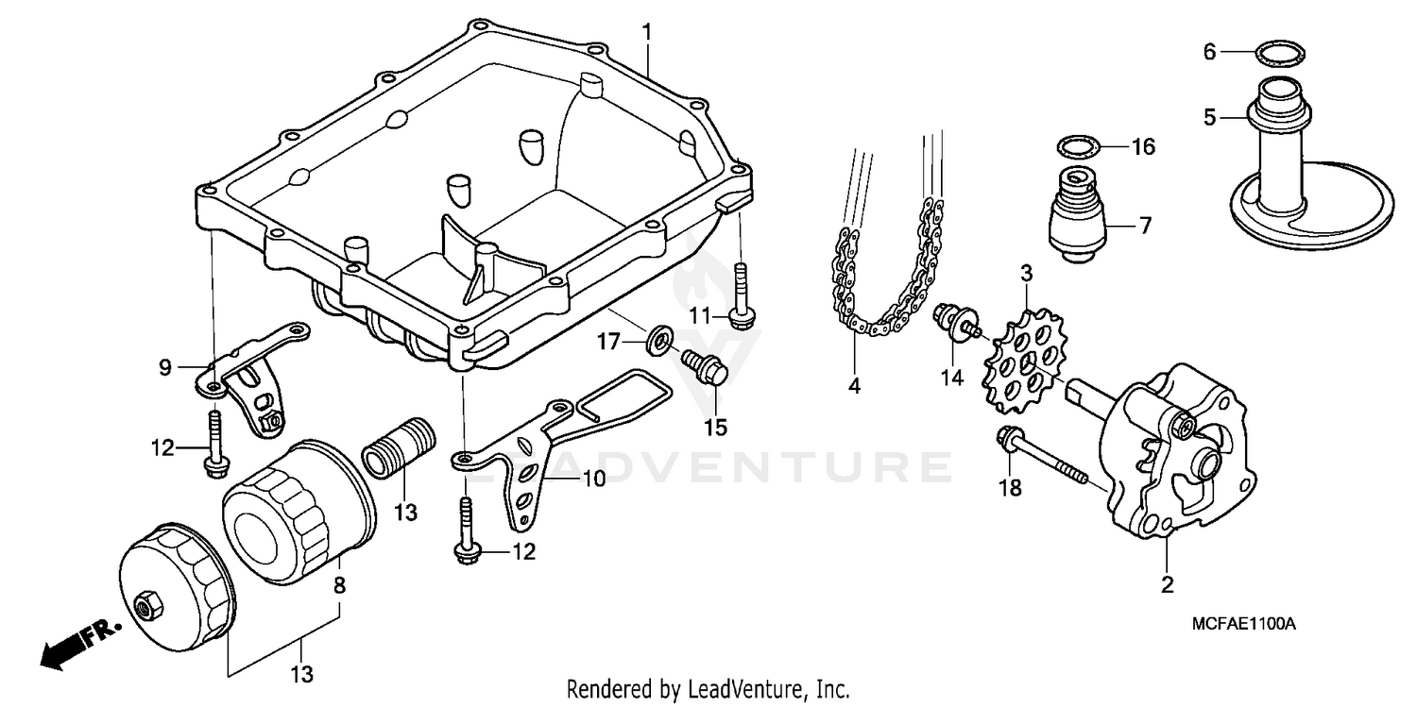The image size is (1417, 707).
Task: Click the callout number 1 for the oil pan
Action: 647,31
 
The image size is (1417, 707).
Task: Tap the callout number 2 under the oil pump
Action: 1168,584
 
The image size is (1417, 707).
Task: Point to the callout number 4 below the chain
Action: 854,386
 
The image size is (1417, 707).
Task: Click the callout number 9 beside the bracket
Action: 165,367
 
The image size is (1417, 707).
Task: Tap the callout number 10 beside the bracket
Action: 593,479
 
